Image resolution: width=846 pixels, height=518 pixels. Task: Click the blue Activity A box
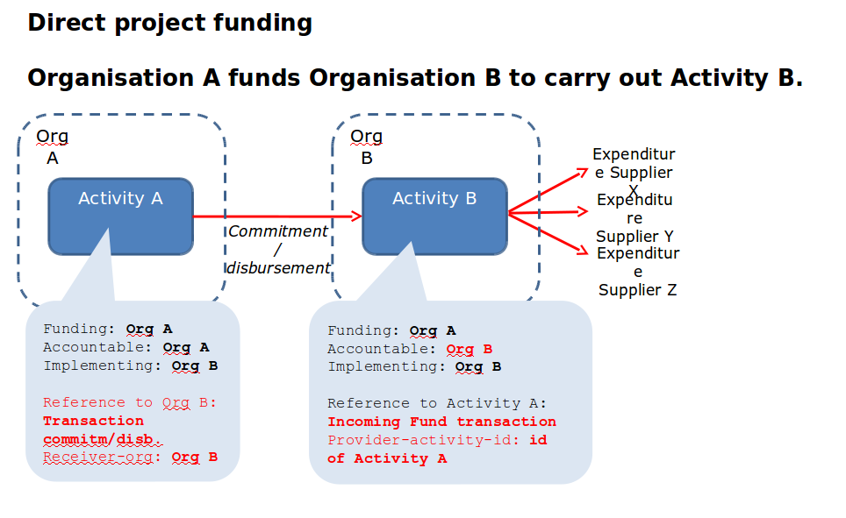coord(120,216)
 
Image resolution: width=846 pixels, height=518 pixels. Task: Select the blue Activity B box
coord(434,216)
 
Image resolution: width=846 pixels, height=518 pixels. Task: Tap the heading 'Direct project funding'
coord(169,22)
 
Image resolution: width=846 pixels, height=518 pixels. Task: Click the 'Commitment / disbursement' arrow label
coord(278,250)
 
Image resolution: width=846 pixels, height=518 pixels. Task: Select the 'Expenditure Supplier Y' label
coord(634,218)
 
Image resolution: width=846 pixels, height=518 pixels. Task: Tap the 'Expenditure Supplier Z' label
coord(637,272)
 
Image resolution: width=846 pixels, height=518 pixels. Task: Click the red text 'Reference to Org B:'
coord(130,402)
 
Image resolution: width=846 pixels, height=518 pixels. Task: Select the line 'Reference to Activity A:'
coord(437,403)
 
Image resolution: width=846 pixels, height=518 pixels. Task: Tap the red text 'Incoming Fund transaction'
coord(441,422)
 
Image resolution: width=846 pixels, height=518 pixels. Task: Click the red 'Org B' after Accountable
coord(470,349)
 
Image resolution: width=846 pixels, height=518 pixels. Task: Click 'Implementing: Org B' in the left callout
coord(131,366)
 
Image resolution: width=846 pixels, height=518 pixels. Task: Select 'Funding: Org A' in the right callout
coord(391,330)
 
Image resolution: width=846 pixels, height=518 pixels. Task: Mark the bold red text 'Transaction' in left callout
coord(93,421)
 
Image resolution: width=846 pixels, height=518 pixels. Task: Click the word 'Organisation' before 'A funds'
coord(111,78)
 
